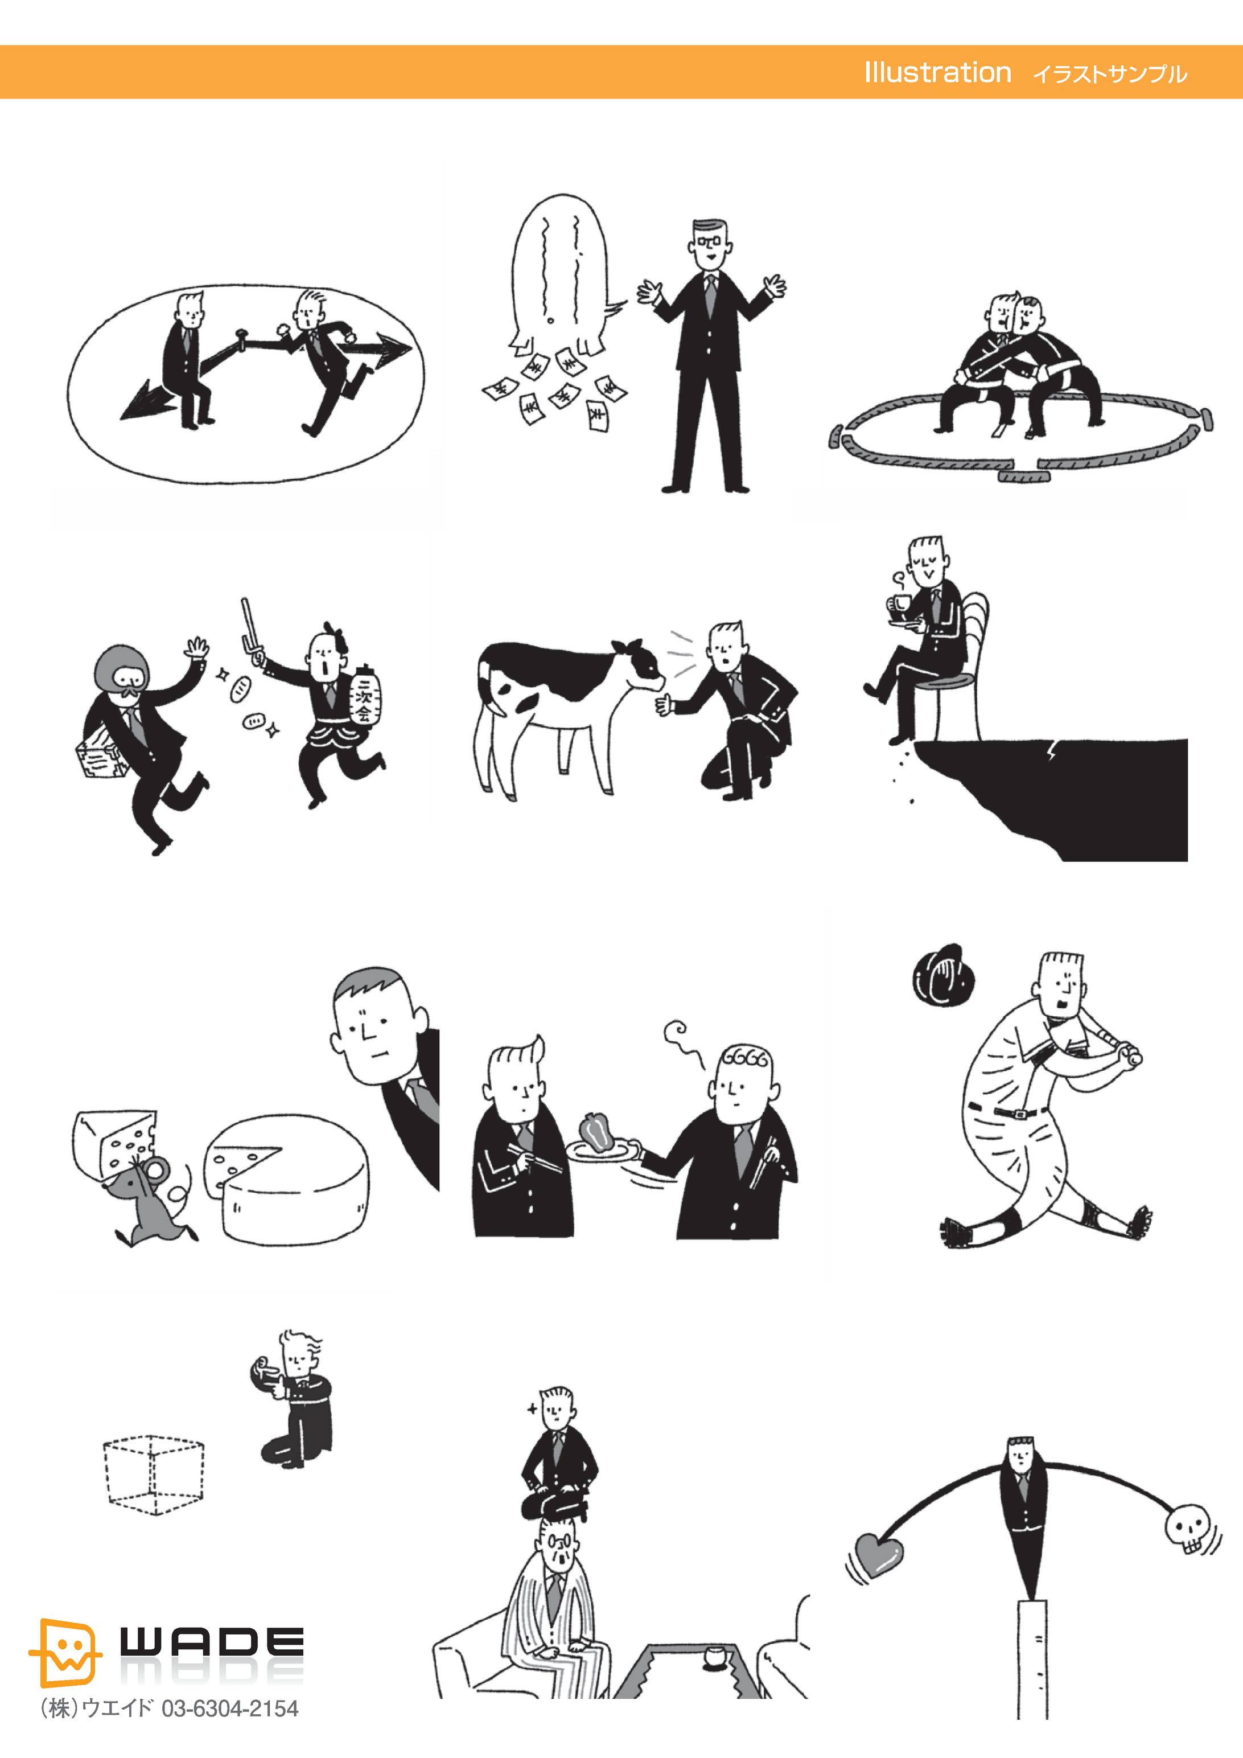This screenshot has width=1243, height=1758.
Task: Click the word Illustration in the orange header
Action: tap(937, 73)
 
